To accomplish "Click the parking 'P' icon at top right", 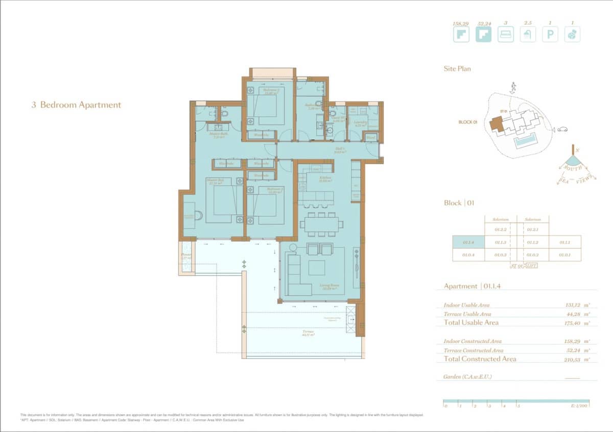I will click(550, 35).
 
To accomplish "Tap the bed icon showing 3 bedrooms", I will click(505, 35).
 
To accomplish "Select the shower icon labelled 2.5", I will click(528, 35).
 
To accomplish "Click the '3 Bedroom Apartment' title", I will click(76, 105).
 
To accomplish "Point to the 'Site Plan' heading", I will click(457, 69).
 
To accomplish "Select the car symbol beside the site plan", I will click(562, 129).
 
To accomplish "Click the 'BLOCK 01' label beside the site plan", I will click(467, 122).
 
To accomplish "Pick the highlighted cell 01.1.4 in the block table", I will click(468, 243).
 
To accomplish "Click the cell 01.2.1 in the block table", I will click(533, 231).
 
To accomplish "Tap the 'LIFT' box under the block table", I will click(531, 266).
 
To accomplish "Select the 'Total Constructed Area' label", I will click(480, 359).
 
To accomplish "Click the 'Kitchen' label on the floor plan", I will click(325, 178).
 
